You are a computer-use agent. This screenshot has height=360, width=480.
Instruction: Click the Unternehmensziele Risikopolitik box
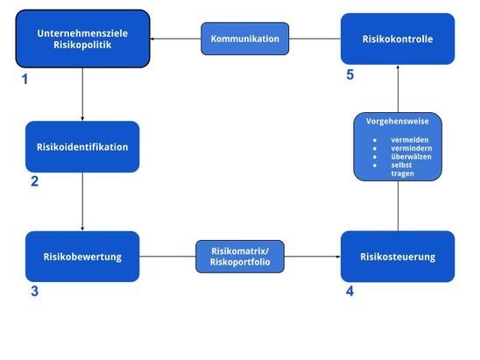pos(83,39)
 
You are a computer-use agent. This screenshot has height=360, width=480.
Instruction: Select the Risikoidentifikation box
pos(82,146)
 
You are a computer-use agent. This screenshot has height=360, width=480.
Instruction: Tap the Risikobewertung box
pos(82,257)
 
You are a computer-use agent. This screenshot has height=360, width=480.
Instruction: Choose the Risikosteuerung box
pos(397,257)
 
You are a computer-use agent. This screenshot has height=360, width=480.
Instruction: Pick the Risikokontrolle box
pos(397,39)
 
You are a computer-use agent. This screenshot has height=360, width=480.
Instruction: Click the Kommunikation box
pos(245,39)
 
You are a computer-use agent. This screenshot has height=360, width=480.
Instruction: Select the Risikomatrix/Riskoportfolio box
pos(241,257)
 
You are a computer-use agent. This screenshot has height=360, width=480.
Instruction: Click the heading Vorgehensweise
pos(398,121)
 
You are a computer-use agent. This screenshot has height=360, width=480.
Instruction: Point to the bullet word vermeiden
pos(410,139)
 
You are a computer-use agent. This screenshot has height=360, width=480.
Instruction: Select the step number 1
pos(25,80)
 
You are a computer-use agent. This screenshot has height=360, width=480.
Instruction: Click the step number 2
pos(34,183)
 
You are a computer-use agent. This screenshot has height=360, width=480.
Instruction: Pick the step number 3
pos(34,292)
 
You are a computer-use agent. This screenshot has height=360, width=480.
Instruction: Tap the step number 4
pos(349,292)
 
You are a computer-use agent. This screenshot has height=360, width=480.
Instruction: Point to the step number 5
pos(349,75)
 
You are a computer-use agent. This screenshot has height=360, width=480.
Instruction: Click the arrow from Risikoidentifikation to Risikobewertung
pos(82,201)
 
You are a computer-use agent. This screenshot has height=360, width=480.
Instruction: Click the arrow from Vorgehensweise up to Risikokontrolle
pos(398,88)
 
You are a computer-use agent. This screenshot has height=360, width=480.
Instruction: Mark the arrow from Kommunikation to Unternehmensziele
pos(176,39)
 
